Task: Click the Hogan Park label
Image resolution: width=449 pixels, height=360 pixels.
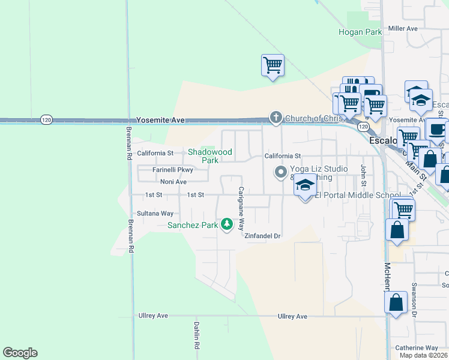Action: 360,32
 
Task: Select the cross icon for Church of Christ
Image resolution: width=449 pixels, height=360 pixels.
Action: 276,118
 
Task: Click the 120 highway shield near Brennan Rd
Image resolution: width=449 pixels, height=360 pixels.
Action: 46,120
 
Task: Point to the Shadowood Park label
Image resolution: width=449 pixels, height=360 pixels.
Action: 209,157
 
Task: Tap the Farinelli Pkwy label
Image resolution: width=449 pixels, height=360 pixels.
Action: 172,170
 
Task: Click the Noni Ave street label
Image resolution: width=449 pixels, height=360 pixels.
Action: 173,182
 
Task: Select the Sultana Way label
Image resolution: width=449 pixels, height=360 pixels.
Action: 155,213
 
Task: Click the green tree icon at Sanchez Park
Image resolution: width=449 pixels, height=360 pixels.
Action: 227,224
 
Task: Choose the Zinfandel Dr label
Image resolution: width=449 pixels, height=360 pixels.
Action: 263,236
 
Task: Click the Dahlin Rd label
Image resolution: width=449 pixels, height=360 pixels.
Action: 196,336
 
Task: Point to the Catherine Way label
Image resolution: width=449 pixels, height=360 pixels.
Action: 416,348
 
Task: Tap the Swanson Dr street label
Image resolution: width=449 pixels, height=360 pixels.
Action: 414,301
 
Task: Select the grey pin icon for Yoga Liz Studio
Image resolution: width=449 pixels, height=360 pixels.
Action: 280,172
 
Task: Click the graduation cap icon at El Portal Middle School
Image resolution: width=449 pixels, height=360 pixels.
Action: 304,187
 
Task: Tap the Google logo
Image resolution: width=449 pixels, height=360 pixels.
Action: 20,353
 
